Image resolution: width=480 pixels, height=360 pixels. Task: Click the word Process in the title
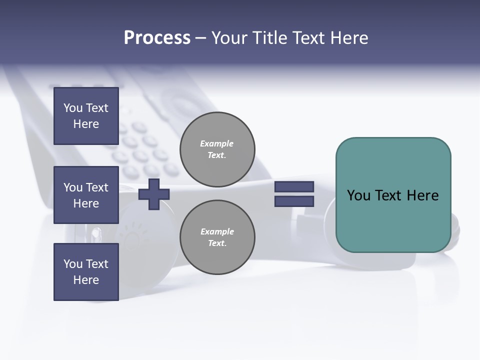pyautogui.click(x=157, y=38)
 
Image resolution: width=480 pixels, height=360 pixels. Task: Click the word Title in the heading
pyautogui.click(x=269, y=38)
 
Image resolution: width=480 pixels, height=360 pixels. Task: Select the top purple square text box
pyautogui.click(x=86, y=116)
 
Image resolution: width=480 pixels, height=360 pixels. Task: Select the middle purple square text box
pyautogui.click(x=86, y=195)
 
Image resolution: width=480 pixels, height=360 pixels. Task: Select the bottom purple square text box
pyautogui.click(x=86, y=272)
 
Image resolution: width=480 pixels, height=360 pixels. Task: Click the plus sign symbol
pyautogui.click(x=154, y=194)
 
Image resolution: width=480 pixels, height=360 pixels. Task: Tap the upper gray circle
pyautogui.click(x=217, y=149)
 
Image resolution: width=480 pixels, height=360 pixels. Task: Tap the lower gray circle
pyautogui.click(x=217, y=237)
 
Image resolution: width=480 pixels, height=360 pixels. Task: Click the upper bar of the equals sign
pyautogui.click(x=294, y=187)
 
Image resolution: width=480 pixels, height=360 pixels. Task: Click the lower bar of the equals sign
pyautogui.click(x=294, y=201)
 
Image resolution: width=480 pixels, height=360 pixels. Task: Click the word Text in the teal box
pyautogui.click(x=389, y=195)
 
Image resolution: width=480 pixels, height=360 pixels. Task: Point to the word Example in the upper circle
pyautogui.click(x=216, y=143)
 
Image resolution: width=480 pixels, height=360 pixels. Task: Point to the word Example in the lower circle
pyautogui.click(x=217, y=231)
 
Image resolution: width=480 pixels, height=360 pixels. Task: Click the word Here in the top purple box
pyautogui.click(x=86, y=124)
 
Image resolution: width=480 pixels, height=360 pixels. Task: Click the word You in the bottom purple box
pyautogui.click(x=73, y=264)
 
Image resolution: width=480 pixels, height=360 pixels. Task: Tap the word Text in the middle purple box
pyautogui.click(x=96, y=187)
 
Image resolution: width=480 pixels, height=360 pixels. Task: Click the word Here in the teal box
pyautogui.click(x=422, y=195)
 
